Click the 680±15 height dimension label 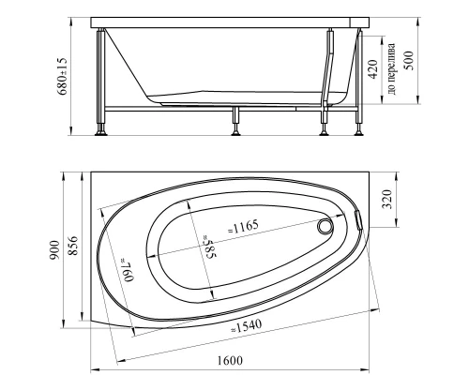coord(62,76)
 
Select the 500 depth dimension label coord(408,61)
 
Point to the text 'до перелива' coord(391,68)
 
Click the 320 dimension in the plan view coord(386,200)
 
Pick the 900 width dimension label coord(53,250)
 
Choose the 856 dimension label coord(73,246)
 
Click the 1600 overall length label coord(230,361)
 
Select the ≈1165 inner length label coord(243,227)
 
